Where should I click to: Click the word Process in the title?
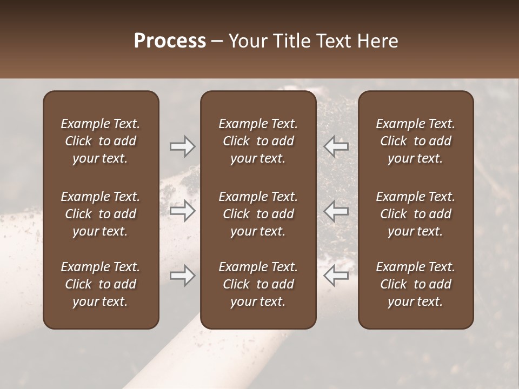click(x=170, y=41)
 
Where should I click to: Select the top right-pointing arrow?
click(x=183, y=146)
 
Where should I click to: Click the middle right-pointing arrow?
click(x=183, y=211)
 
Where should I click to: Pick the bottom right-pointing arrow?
click(x=183, y=276)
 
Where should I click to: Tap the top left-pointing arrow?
click(x=336, y=146)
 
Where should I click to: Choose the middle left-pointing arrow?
click(x=336, y=211)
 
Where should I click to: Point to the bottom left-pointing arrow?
click(x=336, y=276)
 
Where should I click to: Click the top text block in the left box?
click(x=101, y=141)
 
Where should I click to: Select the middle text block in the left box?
click(x=101, y=214)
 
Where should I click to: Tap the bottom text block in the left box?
click(x=101, y=284)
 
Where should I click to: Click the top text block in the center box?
click(x=258, y=141)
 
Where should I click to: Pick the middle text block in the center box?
click(x=258, y=214)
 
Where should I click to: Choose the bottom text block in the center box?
click(x=258, y=284)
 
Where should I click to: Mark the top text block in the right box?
click(x=415, y=141)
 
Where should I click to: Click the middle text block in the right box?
click(x=415, y=214)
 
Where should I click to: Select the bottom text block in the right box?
click(x=415, y=284)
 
